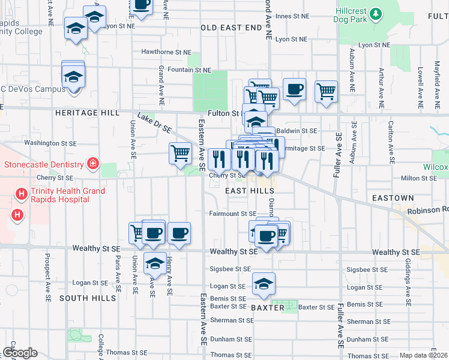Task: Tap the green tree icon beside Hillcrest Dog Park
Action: tap(376, 13)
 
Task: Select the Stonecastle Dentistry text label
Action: tap(44, 164)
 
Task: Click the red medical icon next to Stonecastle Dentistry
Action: tap(92, 163)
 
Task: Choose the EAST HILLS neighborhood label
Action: tap(250, 190)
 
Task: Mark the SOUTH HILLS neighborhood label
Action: tap(87, 298)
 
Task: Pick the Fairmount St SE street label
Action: tap(233, 214)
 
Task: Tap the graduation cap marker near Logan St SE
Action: tap(264, 284)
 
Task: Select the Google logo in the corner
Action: tap(20, 353)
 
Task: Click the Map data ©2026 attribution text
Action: tap(424, 355)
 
